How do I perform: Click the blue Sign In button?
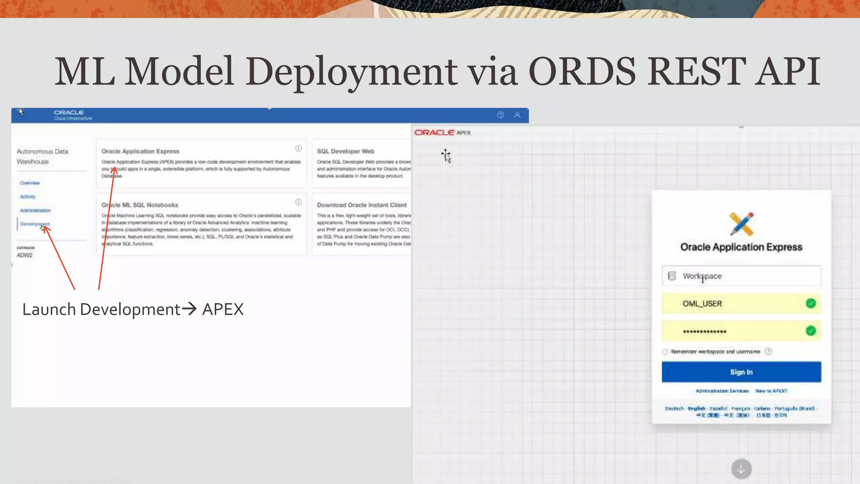pyautogui.click(x=741, y=372)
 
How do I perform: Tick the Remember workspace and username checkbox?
pyautogui.click(x=665, y=352)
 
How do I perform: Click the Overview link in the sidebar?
pyautogui.click(x=30, y=183)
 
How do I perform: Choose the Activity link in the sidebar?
pyautogui.click(x=28, y=197)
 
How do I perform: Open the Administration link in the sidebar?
pyautogui.click(x=35, y=210)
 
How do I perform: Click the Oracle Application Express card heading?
pyautogui.click(x=140, y=151)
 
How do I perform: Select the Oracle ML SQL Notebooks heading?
pyautogui.click(x=140, y=205)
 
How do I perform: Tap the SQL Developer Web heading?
pyautogui.click(x=346, y=151)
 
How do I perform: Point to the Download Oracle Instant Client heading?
pyautogui.click(x=362, y=205)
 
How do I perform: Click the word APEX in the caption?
pyautogui.click(x=223, y=310)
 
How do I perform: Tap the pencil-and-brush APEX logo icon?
pyautogui.click(x=742, y=224)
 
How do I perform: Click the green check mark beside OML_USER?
pyautogui.click(x=811, y=303)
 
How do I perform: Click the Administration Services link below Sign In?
pyautogui.click(x=722, y=391)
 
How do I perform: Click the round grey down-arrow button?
pyautogui.click(x=741, y=468)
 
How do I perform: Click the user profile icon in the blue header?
pyautogui.click(x=517, y=115)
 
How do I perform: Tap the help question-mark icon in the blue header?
pyautogui.click(x=501, y=115)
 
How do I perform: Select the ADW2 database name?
pyautogui.click(x=24, y=255)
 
